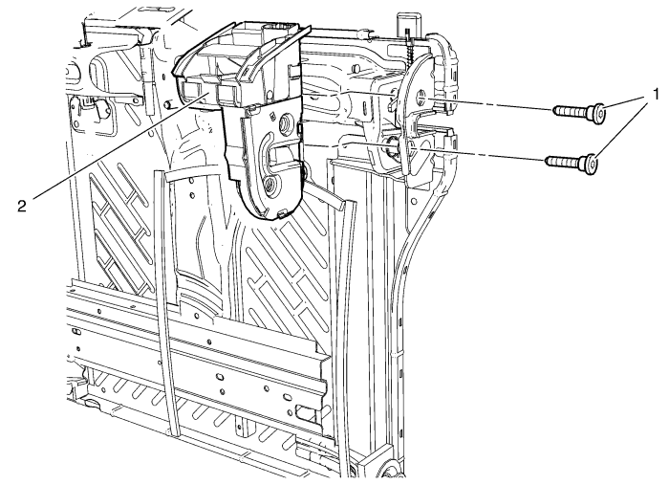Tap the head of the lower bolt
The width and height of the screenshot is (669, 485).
pyautogui.click(x=592, y=164)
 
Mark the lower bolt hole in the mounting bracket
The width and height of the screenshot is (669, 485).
pyautogui.click(x=393, y=145)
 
